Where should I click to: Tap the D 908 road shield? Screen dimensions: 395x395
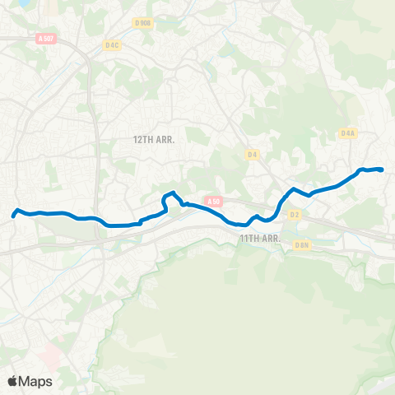click(142, 24)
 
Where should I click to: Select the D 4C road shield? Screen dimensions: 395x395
click(113, 44)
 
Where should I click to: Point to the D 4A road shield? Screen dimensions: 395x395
click(346, 132)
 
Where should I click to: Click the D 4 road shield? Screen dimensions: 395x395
click(252, 152)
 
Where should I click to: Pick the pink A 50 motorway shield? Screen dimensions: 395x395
click(214, 200)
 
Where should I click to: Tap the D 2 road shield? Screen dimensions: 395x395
click(295, 215)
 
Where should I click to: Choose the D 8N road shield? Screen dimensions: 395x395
click(302, 244)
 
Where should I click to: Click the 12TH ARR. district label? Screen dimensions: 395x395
click(160, 140)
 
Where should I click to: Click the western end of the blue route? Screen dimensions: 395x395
click(13, 216)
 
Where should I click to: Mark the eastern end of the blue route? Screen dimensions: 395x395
click(383, 170)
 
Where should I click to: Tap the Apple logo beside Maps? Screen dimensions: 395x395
click(13, 381)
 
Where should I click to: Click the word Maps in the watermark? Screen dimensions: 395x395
click(36, 381)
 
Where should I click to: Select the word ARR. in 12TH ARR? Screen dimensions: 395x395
click(174, 140)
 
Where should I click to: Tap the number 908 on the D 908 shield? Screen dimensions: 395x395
click(146, 24)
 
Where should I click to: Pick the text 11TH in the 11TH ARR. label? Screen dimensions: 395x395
click(249, 238)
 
